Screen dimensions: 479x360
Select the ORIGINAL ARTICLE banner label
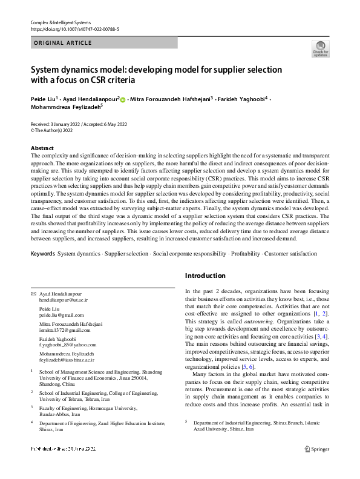click(x=63, y=43)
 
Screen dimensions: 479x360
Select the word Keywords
click(x=42, y=253)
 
